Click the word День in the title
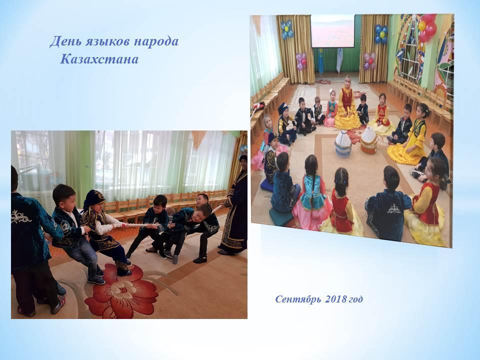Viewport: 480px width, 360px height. (63, 41)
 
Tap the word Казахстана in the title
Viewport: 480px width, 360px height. (99, 59)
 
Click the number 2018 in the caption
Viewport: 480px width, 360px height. (336, 299)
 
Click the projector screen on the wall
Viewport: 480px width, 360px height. (332, 31)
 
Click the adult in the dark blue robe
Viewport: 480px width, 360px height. (235, 205)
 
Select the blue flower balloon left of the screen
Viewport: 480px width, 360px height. (287, 29)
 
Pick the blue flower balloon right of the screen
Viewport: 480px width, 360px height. (381, 33)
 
